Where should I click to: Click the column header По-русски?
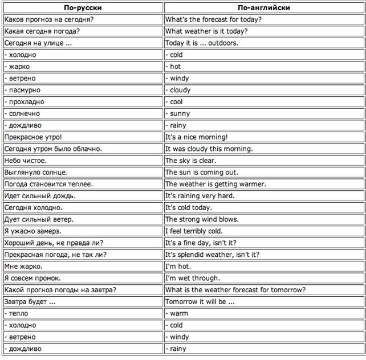coord(83,8)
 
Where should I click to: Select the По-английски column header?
coord(263,8)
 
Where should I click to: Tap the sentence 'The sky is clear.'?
coord(190,161)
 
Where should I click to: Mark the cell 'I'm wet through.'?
coord(192,278)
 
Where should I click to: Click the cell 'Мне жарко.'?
coord(23,267)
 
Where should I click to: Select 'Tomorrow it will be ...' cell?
coord(200,302)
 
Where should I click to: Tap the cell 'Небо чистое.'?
coord(25,161)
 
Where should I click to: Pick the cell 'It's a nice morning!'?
coord(197,137)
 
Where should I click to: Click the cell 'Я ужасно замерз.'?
coord(33,231)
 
